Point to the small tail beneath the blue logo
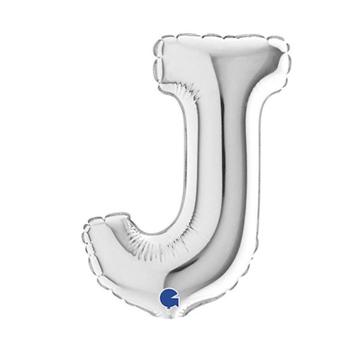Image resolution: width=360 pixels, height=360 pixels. point(170,310)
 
